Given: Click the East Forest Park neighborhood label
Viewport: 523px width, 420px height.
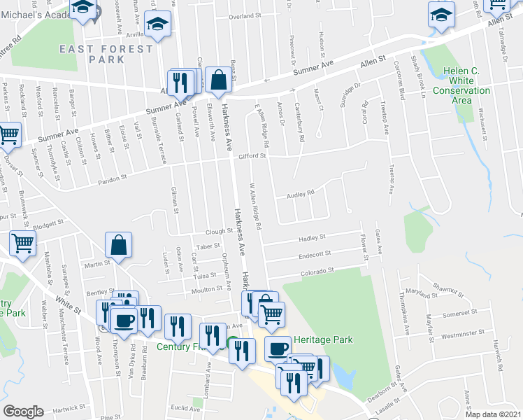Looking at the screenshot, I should point(106,54).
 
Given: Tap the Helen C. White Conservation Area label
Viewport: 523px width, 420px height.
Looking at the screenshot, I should point(461,86).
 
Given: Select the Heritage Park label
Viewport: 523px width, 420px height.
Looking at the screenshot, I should point(323,339).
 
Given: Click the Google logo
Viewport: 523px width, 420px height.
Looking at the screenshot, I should point(24,412).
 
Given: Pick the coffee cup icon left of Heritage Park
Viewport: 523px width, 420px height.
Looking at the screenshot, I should point(278,348).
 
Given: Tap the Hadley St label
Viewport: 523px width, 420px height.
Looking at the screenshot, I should point(313,237).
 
